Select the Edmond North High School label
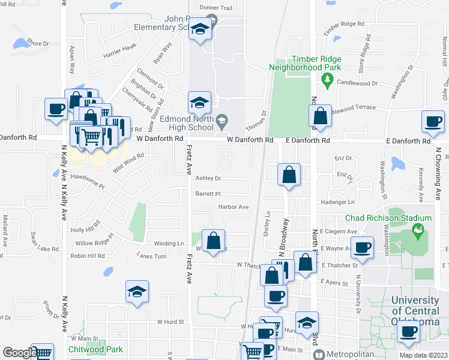[187, 123]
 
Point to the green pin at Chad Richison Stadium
[416, 229]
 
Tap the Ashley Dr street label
[208, 178]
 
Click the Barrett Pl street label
[208, 194]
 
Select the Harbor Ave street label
[234, 207]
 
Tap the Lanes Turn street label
[151, 256]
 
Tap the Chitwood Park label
[97, 349]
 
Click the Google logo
[19, 353]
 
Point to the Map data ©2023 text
[423, 355]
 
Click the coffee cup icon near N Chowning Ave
[433, 122]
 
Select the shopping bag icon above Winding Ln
[213, 241]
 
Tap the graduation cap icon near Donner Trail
[199, 29]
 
